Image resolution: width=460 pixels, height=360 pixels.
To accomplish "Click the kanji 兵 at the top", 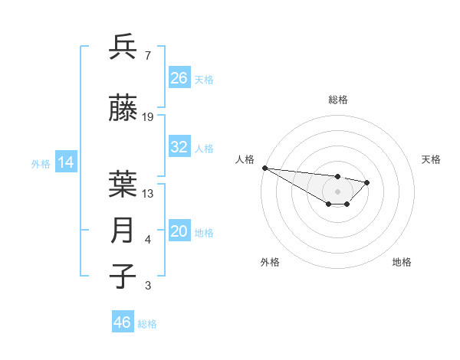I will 123,47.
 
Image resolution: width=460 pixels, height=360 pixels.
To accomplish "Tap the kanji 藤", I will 123,110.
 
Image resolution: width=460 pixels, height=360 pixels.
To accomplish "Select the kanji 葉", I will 123,185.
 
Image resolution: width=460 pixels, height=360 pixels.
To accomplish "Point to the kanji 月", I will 123,231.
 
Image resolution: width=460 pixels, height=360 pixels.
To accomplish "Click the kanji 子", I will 123,277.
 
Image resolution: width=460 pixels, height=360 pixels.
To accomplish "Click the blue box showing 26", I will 179,78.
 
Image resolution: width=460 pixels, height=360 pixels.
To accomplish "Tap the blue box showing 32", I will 179,147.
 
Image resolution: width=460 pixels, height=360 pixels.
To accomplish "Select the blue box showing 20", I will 179,232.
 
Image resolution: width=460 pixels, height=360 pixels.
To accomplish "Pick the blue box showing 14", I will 65,162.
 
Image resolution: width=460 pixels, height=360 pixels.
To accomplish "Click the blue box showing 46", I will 123,322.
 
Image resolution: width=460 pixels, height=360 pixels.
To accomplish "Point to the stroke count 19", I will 148,117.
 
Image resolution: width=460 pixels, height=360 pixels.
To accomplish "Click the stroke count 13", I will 148,194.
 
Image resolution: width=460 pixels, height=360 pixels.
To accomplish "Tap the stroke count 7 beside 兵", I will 147,56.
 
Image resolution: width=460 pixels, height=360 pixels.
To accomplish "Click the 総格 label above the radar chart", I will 338,100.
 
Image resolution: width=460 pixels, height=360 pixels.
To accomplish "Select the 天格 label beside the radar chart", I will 432,159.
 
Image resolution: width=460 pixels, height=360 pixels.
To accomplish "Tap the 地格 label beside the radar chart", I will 402,262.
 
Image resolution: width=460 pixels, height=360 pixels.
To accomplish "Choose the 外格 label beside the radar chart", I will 270,262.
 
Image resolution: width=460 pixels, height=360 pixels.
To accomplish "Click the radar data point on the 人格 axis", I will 264,168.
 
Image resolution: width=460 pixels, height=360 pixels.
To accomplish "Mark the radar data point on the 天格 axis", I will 367,182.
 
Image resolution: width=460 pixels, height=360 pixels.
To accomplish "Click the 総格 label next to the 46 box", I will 147,324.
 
